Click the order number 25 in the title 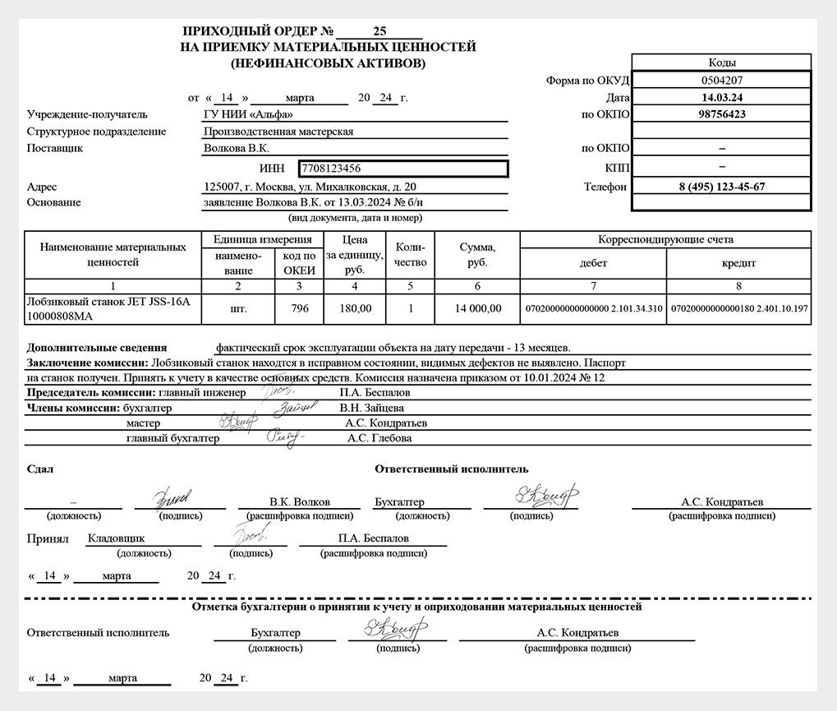click(x=379, y=33)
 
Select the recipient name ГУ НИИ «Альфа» click(x=247, y=114)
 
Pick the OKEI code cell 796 click(x=299, y=309)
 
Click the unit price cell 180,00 click(x=355, y=309)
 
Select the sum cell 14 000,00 click(x=477, y=309)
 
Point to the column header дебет click(x=593, y=263)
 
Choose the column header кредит click(x=739, y=263)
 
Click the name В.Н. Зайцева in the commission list click(x=371, y=408)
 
